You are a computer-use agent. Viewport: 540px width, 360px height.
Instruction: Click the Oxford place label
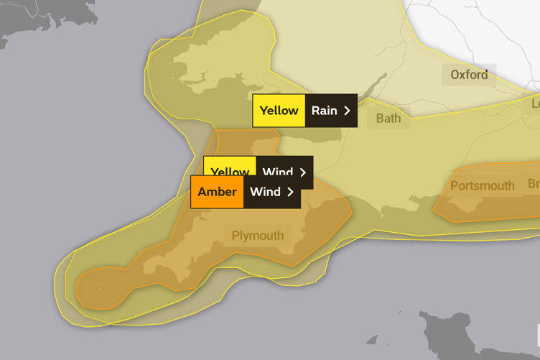coord(469,75)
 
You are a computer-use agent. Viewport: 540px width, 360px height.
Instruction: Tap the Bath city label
coord(388,118)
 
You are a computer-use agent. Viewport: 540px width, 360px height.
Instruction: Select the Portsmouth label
coord(482,186)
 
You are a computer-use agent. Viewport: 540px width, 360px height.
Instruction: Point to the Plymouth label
coord(257,236)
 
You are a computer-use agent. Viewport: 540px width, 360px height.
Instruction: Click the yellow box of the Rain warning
coord(279,111)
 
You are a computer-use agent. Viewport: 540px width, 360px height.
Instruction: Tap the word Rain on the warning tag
coord(324,111)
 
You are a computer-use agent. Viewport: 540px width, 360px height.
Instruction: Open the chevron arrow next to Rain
coord(348,111)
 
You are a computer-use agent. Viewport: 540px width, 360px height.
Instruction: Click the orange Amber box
coord(217,192)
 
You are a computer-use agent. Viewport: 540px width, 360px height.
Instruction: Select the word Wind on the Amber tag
coord(265,192)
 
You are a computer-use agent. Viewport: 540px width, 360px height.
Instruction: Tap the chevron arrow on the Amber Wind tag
coord(290,192)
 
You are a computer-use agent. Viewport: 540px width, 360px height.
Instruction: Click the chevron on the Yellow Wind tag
coord(303,172)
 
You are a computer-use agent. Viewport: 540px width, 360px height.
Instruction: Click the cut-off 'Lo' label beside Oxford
coord(535,103)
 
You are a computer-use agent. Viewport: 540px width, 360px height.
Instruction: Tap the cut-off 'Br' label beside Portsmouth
coord(534,184)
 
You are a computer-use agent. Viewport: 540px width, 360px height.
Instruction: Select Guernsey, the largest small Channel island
coord(371,340)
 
